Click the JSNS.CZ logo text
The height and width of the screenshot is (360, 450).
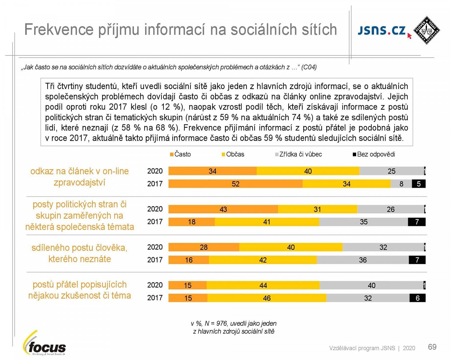(x=382, y=31)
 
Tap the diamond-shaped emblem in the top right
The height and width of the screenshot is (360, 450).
(x=426, y=30)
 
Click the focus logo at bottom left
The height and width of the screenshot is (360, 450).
(x=45, y=345)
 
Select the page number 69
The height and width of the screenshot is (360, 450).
(x=432, y=347)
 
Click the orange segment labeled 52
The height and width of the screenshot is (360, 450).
(x=235, y=184)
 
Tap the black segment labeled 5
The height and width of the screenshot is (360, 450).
(x=418, y=184)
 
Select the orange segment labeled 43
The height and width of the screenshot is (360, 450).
(x=223, y=209)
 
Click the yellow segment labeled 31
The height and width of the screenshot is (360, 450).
(x=317, y=209)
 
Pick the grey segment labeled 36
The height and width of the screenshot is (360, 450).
(x=363, y=260)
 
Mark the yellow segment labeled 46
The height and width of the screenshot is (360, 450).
(x=267, y=298)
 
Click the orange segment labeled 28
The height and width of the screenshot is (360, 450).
(x=204, y=247)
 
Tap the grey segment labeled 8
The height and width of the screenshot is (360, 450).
(x=401, y=184)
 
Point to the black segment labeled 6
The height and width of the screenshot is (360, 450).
(x=417, y=298)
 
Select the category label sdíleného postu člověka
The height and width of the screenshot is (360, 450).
(x=79, y=248)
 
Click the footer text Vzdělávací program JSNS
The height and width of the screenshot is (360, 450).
(x=362, y=348)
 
